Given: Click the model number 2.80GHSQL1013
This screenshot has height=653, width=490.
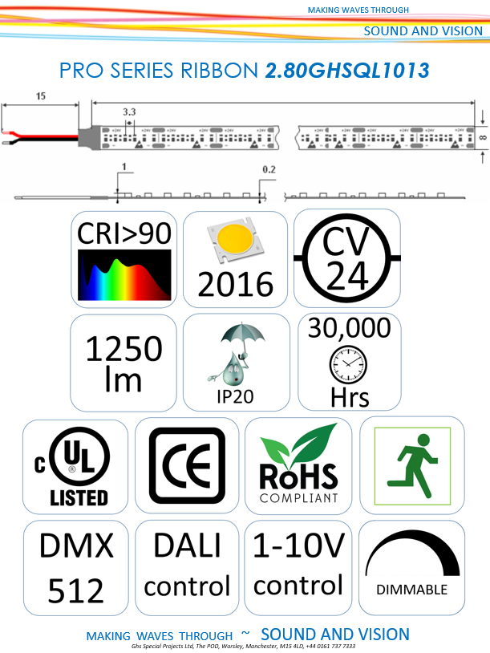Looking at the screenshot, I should coord(347,71).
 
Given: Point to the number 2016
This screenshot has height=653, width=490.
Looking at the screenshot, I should coord(235,283).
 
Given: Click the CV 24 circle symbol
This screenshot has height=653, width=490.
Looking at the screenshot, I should coord(347,258).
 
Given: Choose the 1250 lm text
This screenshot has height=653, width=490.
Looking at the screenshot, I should coord(124,363).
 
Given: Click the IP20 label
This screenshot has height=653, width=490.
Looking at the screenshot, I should coord(236,395).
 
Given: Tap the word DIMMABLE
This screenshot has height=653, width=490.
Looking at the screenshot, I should coord(411,589).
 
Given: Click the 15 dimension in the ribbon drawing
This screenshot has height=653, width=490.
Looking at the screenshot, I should coord(39,95).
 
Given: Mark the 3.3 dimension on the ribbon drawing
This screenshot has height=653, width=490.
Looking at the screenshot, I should coord(128,112).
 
